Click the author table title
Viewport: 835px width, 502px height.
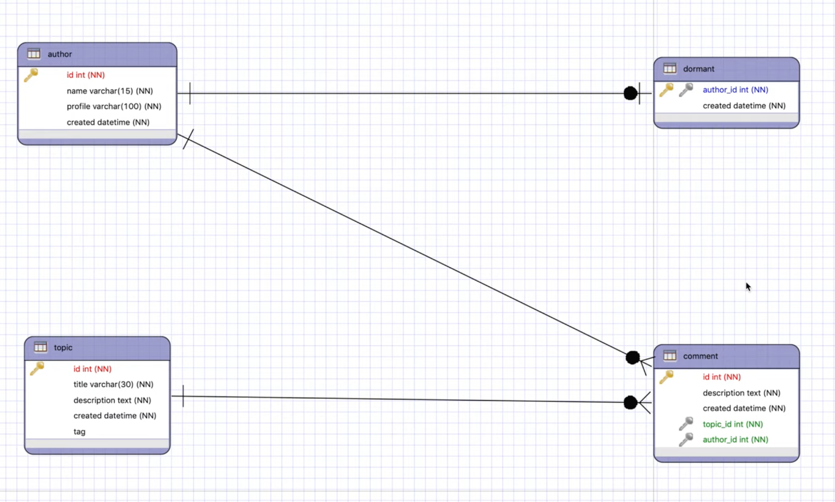coord(59,54)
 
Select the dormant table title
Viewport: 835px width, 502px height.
coord(698,69)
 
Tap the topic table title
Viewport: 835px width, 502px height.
coord(63,348)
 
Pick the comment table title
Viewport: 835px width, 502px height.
coord(700,356)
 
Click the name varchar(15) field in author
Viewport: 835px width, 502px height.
coord(110,91)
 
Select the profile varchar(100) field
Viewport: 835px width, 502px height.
coord(114,107)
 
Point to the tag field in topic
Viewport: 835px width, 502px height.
coord(79,432)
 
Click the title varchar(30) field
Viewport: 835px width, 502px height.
coord(113,384)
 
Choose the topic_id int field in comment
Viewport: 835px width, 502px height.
coord(733,424)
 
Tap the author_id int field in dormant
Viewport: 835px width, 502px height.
coord(735,90)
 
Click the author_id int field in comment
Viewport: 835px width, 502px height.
coord(735,440)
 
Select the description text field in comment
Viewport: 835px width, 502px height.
coord(741,393)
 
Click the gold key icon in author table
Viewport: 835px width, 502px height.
coord(31,75)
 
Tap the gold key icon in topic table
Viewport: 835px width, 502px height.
coord(37,369)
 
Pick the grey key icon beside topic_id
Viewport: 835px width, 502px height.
coord(685,424)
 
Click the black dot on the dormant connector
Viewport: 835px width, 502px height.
coord(630,93)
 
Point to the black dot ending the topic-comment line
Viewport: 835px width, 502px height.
coord(630,402)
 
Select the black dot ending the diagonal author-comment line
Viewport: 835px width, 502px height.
coord(632,358)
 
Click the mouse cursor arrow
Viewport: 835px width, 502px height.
coord(748,287)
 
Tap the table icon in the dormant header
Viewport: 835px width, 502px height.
coord(670,68)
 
